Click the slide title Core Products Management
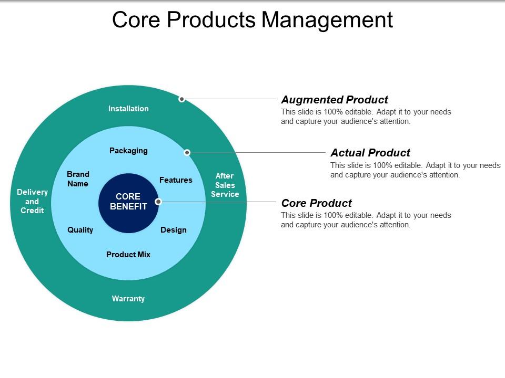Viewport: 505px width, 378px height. point(252,19)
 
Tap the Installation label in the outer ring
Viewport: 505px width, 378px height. point(128,109)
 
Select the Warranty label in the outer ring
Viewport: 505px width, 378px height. point(128,299)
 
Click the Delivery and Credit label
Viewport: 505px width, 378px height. point(32,201)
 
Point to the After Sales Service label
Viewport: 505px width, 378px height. point(225,185)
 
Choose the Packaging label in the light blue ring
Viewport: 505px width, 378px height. point(128,151)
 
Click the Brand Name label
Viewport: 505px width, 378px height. point(78,179)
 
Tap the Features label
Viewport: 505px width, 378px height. point(176,180)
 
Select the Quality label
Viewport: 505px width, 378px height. point(80,230)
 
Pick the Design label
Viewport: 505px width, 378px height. point(174,230)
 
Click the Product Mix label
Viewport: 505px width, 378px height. point(128,255)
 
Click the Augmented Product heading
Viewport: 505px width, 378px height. point(335,100)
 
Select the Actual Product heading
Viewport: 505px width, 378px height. point(370,153)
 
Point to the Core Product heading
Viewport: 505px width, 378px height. point(317,203)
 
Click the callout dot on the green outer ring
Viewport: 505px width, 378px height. point(181,99)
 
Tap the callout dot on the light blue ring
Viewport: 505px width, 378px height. point(187,153)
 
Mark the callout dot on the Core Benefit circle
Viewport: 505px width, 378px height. point(158,202)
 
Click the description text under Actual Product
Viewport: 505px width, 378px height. point(415,170)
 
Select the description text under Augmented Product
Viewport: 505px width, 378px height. point(366,117)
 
